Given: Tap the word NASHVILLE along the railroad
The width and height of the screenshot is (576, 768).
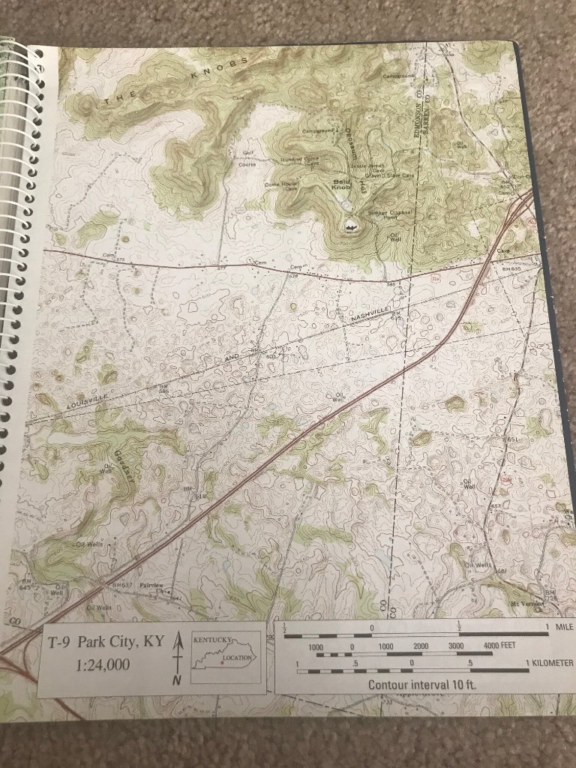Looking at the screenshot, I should [370, 314].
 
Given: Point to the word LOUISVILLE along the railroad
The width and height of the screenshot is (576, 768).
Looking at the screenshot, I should [88, 399].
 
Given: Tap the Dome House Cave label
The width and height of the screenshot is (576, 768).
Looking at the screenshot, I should [279, 185].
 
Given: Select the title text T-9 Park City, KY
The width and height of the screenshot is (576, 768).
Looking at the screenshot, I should [105, 642].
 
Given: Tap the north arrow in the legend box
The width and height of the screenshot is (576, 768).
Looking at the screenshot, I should [177, 656].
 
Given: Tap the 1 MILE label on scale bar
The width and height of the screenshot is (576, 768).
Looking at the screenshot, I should [559, 627].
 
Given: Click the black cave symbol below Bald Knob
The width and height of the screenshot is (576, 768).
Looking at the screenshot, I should [350, 223].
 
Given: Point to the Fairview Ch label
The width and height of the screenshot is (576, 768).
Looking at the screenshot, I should [152, 586].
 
